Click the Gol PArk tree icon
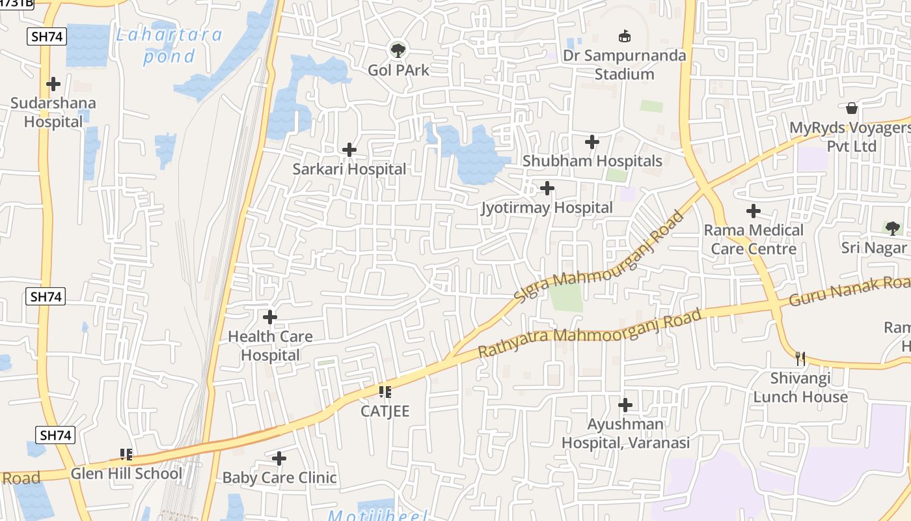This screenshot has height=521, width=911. pos(397,49)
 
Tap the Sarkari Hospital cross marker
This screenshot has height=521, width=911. pos(349,150)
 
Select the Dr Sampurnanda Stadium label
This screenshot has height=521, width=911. pos(624,64)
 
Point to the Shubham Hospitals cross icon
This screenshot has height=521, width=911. pos(592,141)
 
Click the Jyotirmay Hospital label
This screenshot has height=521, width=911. pos(547,208)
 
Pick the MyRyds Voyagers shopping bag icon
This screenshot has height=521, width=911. pos(851,107)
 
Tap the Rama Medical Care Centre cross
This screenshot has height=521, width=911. pos(754,211)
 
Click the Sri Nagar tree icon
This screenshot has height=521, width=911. pos(892,228)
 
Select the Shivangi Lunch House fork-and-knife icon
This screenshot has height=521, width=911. pos(800,358)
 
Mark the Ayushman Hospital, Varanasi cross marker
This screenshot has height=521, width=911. pos(625,405)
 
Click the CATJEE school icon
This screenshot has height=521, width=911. pos(385,391)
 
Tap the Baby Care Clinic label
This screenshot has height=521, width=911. pos(280,477)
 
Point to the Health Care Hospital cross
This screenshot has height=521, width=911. pos(270,317)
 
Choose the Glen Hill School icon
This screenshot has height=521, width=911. pos(126,454)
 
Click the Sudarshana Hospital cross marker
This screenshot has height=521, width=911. pos(53,83)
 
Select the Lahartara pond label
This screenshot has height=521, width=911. pos(169,45)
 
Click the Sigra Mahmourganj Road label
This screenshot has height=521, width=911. pos(599,256)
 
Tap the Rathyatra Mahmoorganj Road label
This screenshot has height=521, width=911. pos(590,333)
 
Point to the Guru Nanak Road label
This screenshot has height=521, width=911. pos(849,292)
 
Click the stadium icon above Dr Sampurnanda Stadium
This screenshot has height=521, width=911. pos(624,35)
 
